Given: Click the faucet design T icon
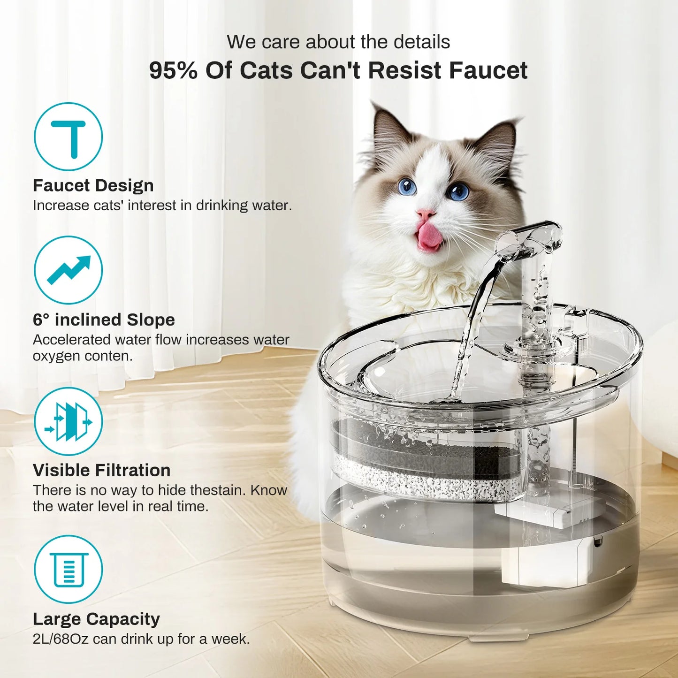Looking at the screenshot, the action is [x=68, y=137].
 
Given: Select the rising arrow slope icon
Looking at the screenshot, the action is [x=68, y=270].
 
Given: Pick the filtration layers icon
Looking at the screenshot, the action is [x=68, y=421].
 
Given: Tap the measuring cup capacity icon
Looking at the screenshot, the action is [x=68, y=570].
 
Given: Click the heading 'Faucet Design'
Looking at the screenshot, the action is [x=93, y=186].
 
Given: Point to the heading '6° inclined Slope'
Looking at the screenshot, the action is [x=104, y=320].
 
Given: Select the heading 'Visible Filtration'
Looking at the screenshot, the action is [x=102, y=471].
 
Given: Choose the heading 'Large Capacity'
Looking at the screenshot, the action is [x=96, y=619].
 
